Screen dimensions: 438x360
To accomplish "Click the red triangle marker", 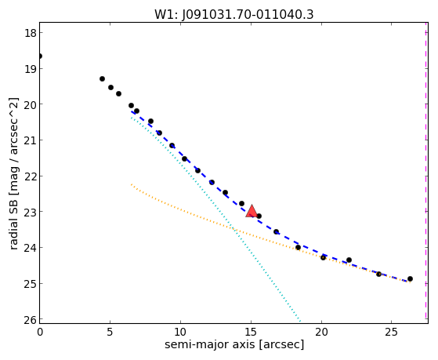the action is [252, 211].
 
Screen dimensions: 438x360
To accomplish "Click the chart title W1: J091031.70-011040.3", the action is [234, 14].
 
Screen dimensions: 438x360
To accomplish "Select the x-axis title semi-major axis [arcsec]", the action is [234, 344].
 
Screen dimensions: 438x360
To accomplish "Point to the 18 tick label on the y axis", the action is [31, 33].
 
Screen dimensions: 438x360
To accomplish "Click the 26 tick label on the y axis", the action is [31, 319].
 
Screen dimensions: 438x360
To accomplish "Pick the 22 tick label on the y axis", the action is [31, 176].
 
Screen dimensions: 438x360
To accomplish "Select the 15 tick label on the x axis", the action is [251, 332].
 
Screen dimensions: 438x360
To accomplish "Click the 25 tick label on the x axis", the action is [392, 332].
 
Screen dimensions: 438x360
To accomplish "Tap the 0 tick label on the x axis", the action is [40, 332].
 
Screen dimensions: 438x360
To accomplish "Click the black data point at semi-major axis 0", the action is [40, 56].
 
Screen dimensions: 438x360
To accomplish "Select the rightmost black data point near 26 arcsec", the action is [410, 279].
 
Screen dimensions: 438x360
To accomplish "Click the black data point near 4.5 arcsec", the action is [102, 79].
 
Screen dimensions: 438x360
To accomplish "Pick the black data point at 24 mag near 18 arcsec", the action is [298, 248].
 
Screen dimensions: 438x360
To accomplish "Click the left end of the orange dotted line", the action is [131, 184].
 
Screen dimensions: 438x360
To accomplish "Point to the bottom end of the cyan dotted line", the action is [300, 321].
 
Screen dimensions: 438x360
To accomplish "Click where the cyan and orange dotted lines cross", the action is [234, 230].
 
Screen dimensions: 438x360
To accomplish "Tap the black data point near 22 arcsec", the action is [349, 260].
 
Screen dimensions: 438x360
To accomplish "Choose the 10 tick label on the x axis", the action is [180, 332].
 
